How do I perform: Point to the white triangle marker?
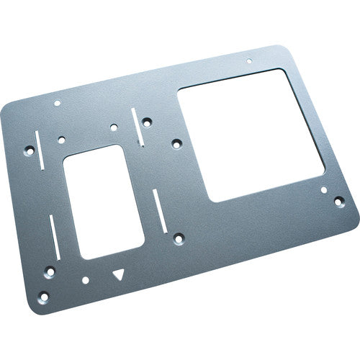coord(119,274)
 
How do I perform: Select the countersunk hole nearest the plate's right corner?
coord(336,204)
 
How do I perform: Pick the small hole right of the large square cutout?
coord(324,191)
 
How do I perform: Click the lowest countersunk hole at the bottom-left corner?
coord(43,295)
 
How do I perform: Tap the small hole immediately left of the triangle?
coord(85,279)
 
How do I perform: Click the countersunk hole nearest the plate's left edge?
coord(30,151)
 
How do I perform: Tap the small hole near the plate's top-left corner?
coord(58,103)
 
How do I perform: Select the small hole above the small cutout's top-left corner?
coord(61,138)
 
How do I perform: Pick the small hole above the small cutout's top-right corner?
coord(114,127)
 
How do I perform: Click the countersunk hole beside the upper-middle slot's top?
coord(147,122)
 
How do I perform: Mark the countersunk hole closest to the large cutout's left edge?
coord(177,142)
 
